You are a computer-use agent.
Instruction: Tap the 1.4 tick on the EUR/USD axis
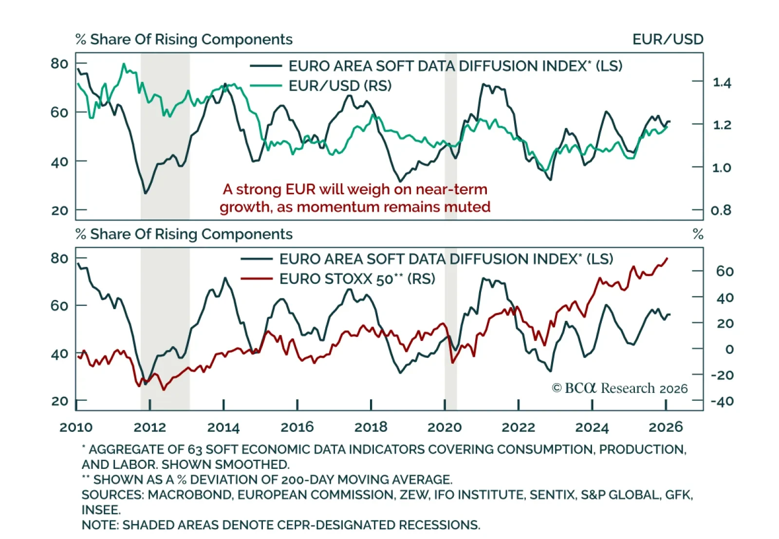tap(722, 83)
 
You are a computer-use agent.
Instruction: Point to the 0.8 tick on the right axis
tap(721, 210)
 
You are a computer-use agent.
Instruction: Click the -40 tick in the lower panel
tap(722, 401)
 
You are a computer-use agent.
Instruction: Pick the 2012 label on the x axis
tap(149, 427)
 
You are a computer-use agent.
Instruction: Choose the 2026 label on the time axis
tap(666, 427)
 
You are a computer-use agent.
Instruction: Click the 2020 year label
tap(445, 427)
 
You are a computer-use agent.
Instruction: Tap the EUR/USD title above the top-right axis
tap(668, 39)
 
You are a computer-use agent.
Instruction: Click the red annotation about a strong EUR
tap(355, 198)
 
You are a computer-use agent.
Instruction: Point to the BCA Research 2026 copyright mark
tap(619, 388)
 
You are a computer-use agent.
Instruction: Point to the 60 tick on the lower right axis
tap(724, 271)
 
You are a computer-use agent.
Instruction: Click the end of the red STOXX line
tap(667, 259)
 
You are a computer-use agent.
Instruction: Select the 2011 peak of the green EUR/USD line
tap(124, 64)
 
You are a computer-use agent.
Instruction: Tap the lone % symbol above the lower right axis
tap(698, 234)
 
